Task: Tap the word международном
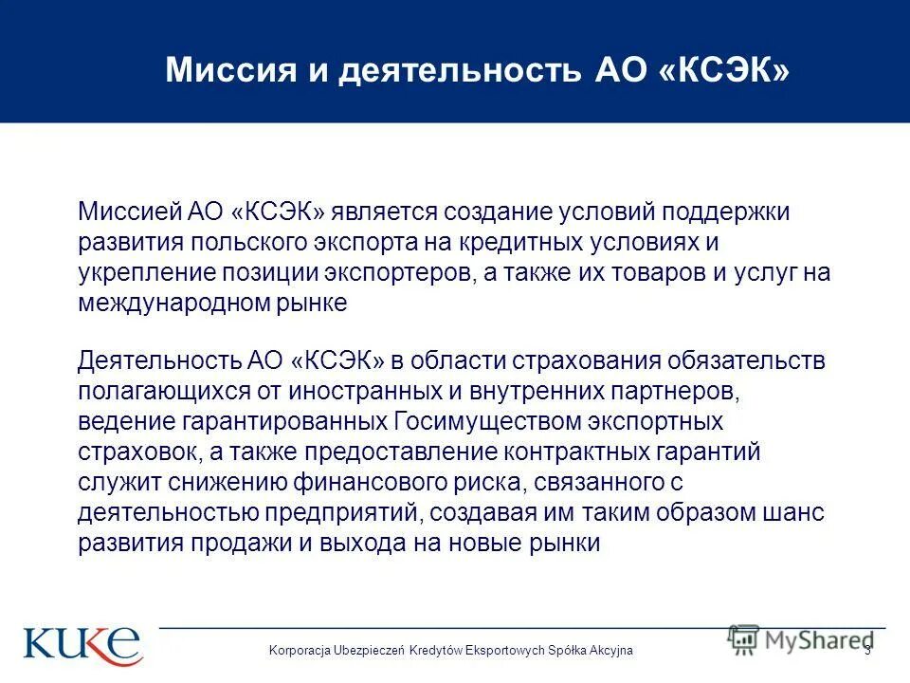pyautogui.click(x=166, y=304)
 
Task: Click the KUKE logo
pyautogui.click(x=82, y=644)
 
